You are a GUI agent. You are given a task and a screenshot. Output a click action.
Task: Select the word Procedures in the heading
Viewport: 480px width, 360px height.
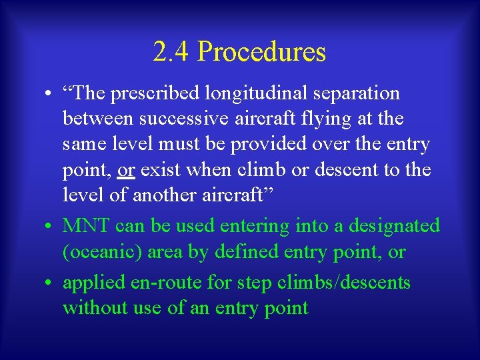click(x=261, y=52)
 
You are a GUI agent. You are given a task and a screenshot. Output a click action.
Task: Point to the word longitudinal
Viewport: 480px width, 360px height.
click(x=260, y=94)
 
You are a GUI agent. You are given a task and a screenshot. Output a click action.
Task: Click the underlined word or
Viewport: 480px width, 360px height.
click(x=126, y=169)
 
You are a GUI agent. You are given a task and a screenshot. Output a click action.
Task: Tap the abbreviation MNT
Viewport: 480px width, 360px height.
click(x=86, y=226)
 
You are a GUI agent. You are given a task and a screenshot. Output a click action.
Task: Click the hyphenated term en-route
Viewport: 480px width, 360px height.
click(x=169, y=283)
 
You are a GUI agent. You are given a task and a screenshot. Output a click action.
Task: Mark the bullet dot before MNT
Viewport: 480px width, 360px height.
click(x=51, y=227)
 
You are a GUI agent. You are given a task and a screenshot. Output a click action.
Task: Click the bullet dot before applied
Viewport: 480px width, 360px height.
click(x=51, y=283)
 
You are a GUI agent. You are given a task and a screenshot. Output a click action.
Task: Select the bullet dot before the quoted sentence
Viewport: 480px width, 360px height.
click(x=51, y=94)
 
